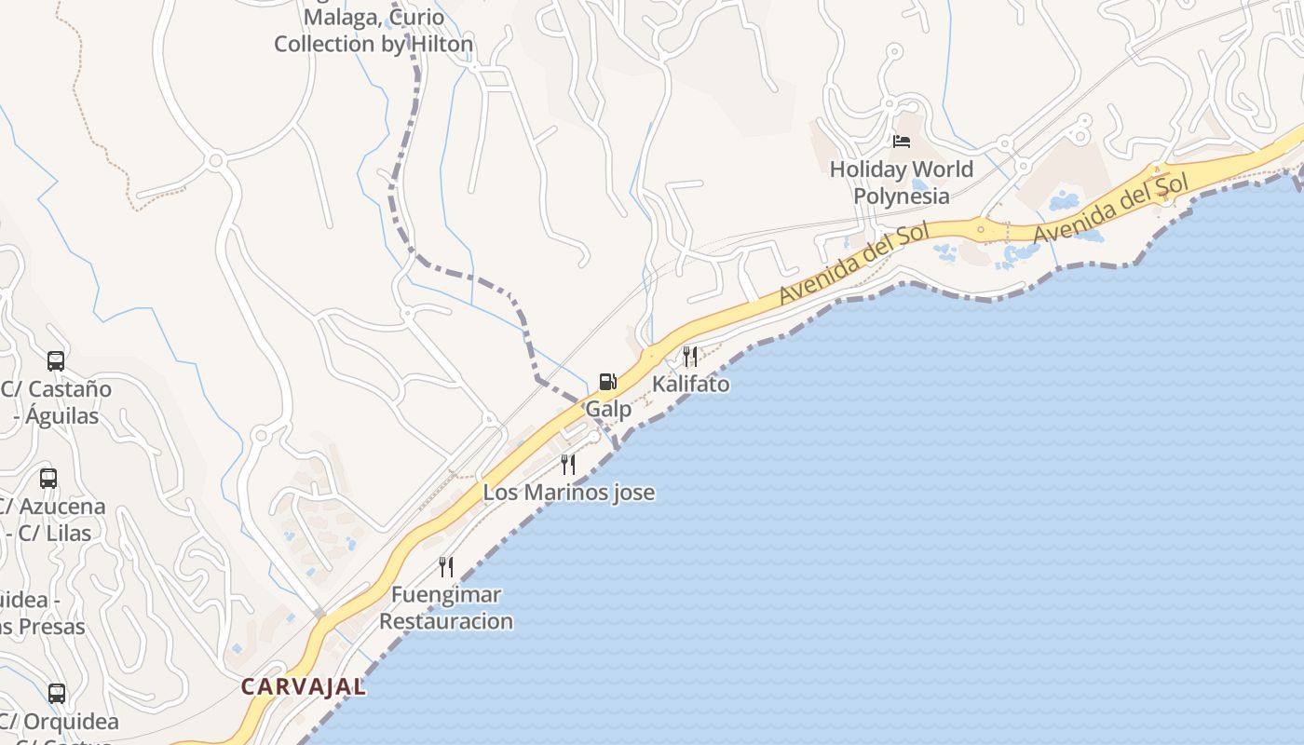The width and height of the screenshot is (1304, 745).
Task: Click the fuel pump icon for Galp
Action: [x=607, y=381]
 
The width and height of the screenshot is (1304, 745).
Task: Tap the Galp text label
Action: [x=608, y=409]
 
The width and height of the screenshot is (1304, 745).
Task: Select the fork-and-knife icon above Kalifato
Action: [x=690, y=356]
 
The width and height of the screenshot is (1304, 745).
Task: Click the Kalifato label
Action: [x=690, y=384]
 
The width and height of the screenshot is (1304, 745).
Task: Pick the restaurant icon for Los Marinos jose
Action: [x=568, y=464]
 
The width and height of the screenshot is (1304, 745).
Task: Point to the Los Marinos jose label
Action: [x=568, y=492]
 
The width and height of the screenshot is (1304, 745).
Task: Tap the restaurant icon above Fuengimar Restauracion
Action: [x=446, y=566]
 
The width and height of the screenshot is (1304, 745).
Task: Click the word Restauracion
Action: [x=446, y=621]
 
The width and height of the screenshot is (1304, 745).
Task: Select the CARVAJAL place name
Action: [x=303, y=687]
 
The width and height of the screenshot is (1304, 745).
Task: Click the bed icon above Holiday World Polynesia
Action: [x=902, y=142]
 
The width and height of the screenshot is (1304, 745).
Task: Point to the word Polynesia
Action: [x=902, y=196]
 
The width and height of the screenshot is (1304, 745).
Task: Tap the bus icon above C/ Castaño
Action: [x=56, y=360]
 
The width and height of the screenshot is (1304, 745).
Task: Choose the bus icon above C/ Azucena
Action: [x=48, y=479]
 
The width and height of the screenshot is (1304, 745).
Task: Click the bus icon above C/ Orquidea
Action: [x=57, y=693]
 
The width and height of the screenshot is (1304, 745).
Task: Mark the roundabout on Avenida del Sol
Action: [x=980, y=227]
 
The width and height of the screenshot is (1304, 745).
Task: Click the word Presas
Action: [x=51, y=627]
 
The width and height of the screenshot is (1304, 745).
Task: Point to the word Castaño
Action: [x=70, y=389]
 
